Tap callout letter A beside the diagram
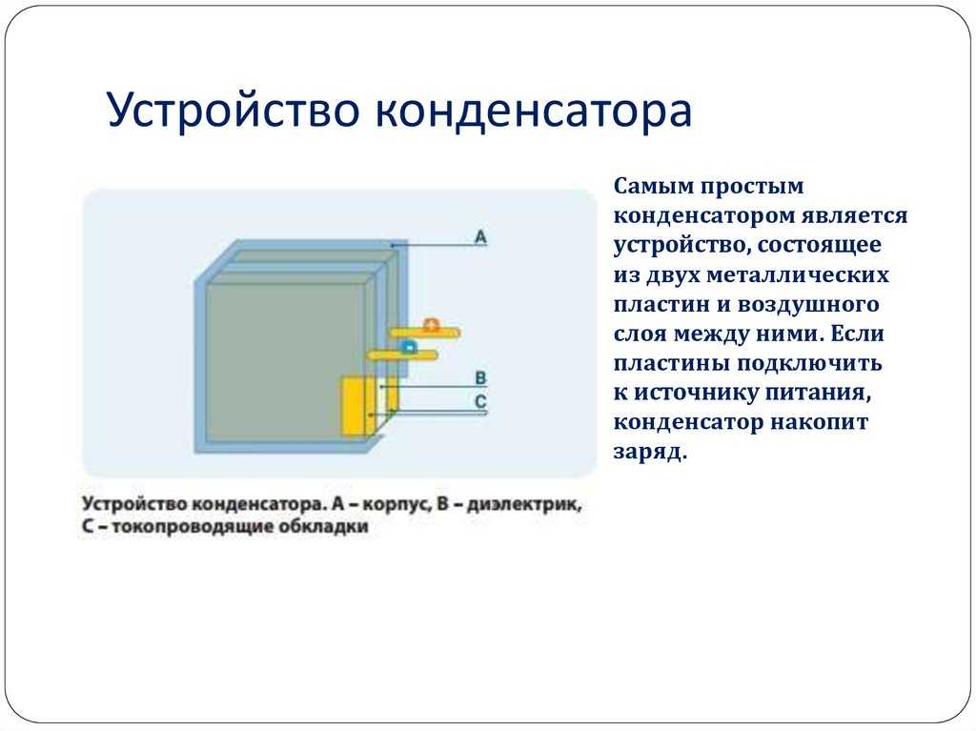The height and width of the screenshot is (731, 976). tap(480, 236)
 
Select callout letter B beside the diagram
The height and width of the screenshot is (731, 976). tap(480, 378)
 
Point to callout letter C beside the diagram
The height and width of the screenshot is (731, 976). tap(480, 401)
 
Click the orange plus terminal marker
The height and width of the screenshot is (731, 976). tap(432, 324)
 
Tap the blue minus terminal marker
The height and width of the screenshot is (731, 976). tap(408, 346)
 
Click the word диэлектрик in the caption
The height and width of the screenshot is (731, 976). tap(524, 504)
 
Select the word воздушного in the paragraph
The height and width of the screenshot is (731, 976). tap(808, 304)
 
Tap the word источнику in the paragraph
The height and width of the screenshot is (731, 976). tap(694, 393)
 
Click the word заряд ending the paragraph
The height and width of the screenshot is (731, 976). tap(650, 452)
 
